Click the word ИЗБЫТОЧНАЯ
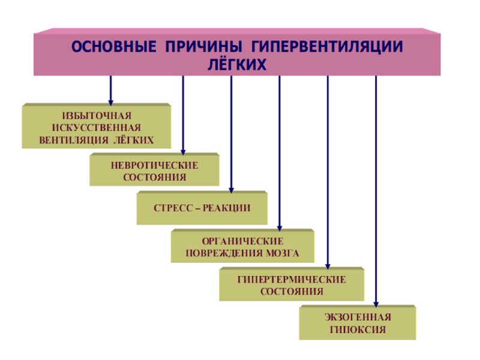97,115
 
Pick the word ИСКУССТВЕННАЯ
97,128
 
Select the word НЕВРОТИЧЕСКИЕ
154,164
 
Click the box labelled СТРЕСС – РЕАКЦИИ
202,208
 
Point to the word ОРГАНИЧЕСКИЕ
242,241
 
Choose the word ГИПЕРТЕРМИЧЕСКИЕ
292,280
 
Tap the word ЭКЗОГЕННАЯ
357,317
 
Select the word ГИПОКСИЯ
357,329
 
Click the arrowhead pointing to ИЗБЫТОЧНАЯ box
111,100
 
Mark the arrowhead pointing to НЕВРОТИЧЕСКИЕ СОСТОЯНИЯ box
183,151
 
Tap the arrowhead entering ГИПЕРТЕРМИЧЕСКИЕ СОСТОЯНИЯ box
328,265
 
